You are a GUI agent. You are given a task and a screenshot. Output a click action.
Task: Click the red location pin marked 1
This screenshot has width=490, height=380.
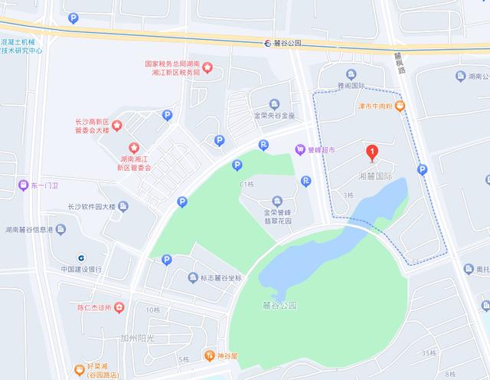[x=372, y=153]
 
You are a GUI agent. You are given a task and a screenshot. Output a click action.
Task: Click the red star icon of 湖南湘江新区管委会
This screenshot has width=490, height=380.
[x=134, y=148]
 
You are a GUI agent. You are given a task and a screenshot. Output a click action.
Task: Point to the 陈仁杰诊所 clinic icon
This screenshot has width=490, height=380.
[x=119, y=308]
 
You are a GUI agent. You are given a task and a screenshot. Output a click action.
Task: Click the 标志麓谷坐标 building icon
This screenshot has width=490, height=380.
[x=193, y=277]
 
